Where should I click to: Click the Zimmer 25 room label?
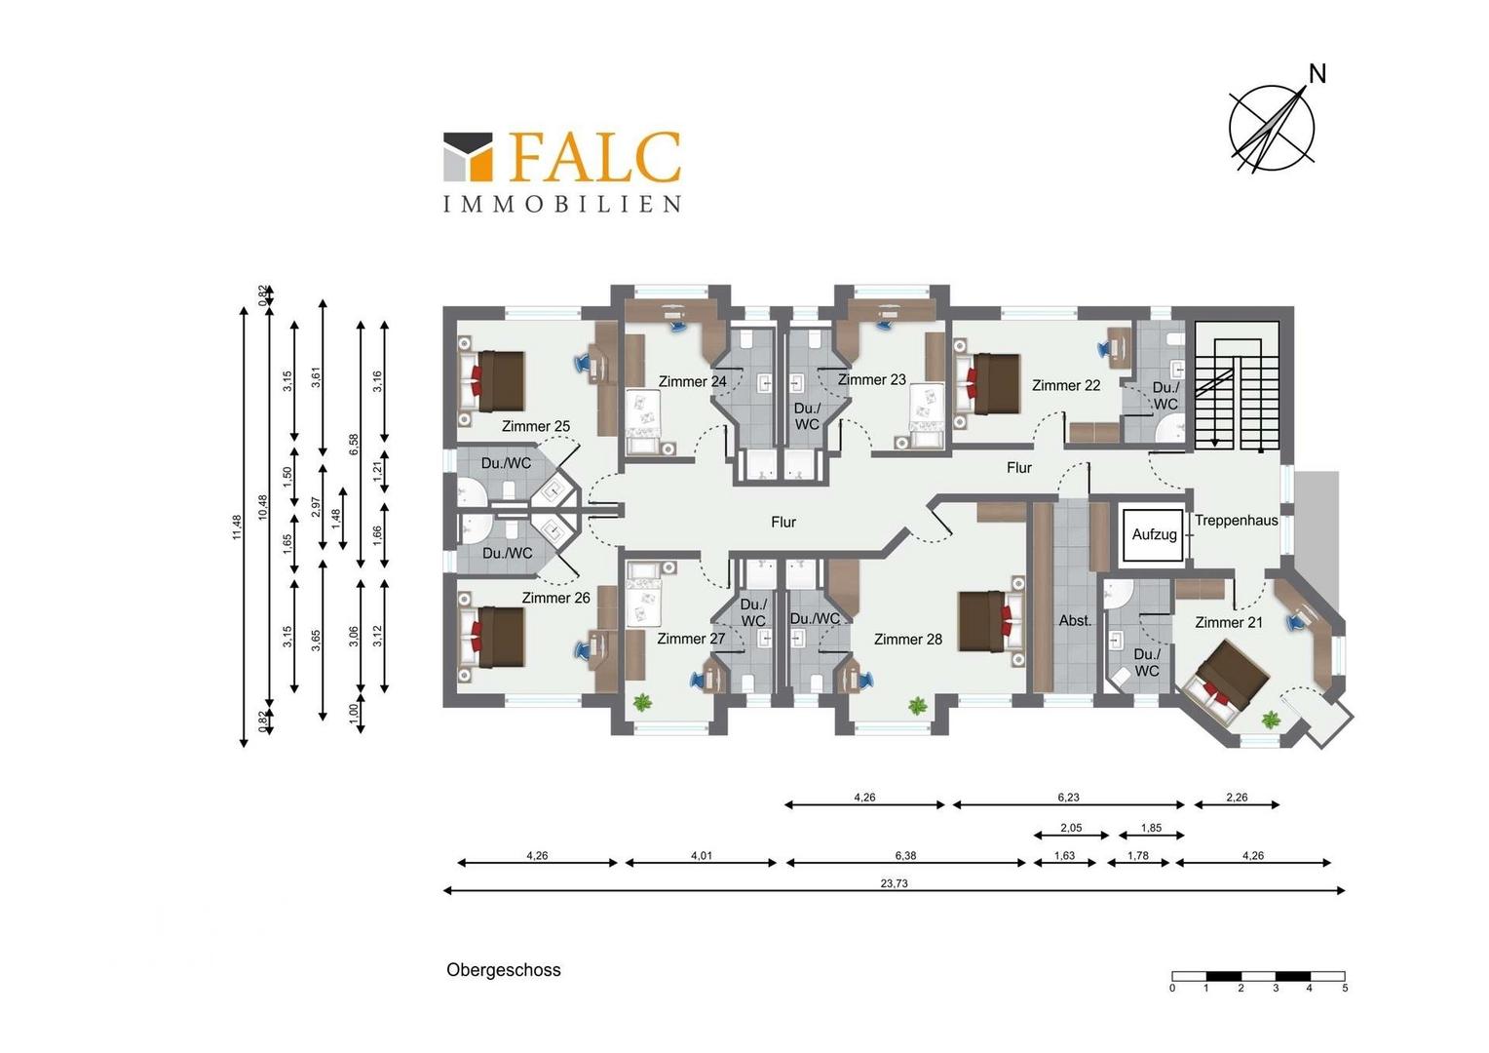536,426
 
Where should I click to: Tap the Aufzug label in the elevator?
1154,535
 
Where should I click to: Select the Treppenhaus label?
1237,521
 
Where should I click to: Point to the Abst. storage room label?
1075,621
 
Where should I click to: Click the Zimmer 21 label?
1229,623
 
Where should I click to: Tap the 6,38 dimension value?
905,856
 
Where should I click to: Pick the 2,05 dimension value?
1071,828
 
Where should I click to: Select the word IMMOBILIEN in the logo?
562,204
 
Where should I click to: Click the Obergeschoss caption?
503,970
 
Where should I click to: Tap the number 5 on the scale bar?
1345,989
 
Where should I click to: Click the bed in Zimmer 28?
990,620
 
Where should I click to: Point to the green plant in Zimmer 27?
642,702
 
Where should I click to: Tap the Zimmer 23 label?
871,380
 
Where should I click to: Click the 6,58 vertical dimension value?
354,445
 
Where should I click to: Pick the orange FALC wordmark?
596,157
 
